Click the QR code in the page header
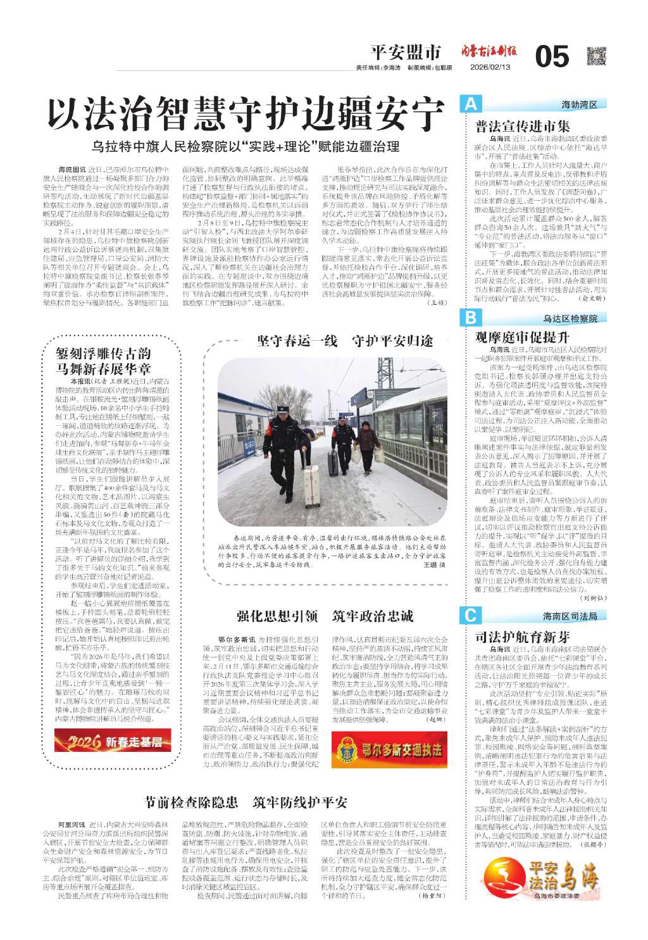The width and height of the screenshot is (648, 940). [596, 56]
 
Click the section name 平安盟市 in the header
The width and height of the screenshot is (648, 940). [405, 52]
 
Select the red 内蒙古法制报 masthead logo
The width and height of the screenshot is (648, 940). [488, 51]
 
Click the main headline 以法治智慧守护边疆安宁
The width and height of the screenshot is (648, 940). [246, 115]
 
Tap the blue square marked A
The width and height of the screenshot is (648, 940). [471, 104]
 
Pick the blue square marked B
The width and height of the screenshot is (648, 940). [471, 317]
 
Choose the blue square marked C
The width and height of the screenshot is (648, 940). [471, 615]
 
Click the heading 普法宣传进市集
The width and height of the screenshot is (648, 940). [523, 126]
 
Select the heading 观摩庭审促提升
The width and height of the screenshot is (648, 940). [522, 337]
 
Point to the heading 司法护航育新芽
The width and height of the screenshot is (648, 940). [522, 637]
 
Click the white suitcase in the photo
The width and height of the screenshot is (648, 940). [311, 486]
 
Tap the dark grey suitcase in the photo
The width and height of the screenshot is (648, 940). [333, 462]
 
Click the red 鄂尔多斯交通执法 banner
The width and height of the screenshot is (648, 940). [389, 750]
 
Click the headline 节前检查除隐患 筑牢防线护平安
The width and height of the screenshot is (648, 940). [246, 803]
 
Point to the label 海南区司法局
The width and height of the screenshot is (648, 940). [570, 616]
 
